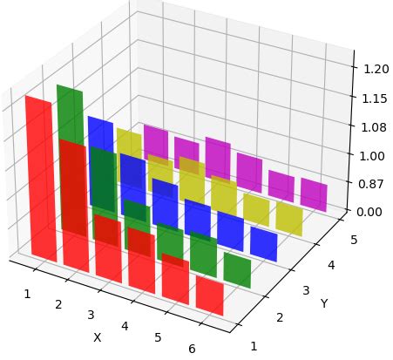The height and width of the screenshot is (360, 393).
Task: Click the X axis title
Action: pyautogui.click(x=98, y=336)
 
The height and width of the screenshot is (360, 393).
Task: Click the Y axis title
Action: pyautogui.click(x=324, y=303)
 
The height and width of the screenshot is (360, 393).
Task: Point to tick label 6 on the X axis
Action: pyautogui.click(x=191, y=349)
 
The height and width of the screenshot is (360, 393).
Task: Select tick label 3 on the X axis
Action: pyautogui.click(x=91, y=314)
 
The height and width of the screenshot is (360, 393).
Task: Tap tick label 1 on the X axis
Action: pyautogui.click(x=26, y=293)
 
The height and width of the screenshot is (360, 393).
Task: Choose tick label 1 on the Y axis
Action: pyautogui.click(x=254, y=346)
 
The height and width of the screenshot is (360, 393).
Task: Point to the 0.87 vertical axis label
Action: pyautogui.click(x=369, y=185)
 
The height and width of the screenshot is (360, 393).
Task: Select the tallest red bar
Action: pyautogui.click(x=39, y=179)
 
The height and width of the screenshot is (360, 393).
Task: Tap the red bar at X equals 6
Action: pyautogui.click(x=209, y=295)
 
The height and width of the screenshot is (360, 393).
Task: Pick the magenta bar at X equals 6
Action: pyautogui.click(x=314, y=195)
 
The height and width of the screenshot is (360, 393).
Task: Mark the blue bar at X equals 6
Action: pyautogui.click(x=263, y=243)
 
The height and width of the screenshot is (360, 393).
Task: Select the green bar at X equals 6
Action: pyautogui.click(x=237, y=268)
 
